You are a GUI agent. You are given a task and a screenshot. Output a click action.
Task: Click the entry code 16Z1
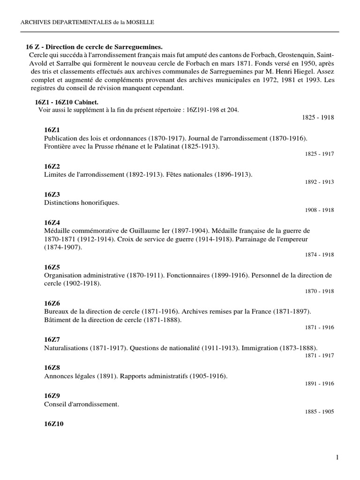pyautogui.click(x=52, y=129)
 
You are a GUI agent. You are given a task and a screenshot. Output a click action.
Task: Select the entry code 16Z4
pyautogui.click(x=52, y=223)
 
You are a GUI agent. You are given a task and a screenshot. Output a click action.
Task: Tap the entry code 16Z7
pyautogui.click(x=52, y=339)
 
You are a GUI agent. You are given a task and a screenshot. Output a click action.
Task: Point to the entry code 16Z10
pyautogui.click(x=54, y=424)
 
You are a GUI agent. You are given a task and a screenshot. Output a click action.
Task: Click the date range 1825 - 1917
pyautogui.click(x=319, y=154)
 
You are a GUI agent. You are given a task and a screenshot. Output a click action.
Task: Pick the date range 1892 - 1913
pyautogui.click(x=319, y=182)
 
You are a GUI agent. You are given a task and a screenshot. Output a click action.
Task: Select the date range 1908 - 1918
pyautogui.click(x=319, y=210)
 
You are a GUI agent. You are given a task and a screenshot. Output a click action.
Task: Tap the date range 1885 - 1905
pyautogui.click(x=319, y=412)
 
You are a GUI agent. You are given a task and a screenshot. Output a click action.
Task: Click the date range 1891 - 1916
pyautogui.click(x=319, y=383)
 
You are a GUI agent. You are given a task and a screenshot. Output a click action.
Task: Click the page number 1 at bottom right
pyautogui.click(x=337, y=457)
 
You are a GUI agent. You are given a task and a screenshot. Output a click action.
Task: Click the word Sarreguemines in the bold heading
pyautogui.click(x=139, y=47)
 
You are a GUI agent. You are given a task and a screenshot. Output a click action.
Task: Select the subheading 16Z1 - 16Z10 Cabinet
pyautogui.click(x=67, y=102)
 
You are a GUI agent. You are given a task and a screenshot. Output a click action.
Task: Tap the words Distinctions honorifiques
pyautogui.click(x=82, y=202)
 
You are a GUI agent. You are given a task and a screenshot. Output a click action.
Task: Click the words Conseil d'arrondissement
pyautogui.click(x=82, y=404)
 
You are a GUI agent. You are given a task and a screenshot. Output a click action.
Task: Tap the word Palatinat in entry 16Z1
pyautogui.click(x=203, y=146)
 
